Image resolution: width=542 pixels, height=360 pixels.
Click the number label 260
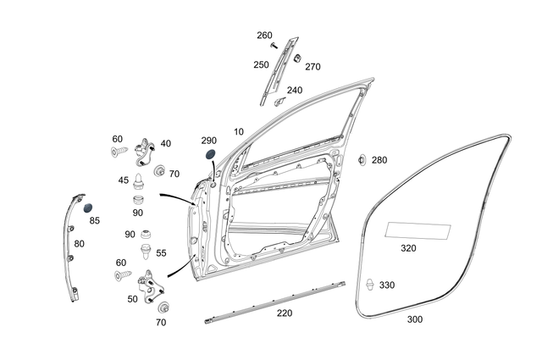(265, 35)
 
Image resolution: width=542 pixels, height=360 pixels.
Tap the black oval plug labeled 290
(210, 155)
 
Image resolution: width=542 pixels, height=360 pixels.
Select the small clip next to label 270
(298, 58)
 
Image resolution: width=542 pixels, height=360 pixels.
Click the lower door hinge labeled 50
(149, 285)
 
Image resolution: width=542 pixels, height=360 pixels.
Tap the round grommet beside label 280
(362, 159)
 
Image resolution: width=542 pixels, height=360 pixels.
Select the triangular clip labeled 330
(370, 285)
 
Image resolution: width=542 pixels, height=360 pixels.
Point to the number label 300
(414, 319)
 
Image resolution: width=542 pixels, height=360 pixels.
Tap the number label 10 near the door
(239, 132)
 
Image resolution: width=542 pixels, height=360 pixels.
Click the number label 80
(79, 243)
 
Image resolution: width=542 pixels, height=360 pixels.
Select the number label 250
(260, 64)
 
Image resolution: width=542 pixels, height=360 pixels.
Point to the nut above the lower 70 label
(163, 305)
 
